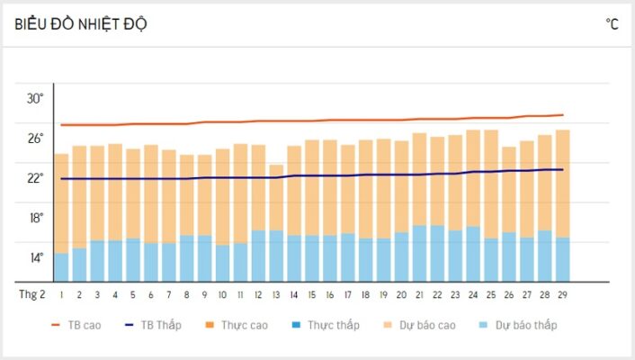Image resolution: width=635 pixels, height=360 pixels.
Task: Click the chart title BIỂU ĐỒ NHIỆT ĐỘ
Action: coord(82,24)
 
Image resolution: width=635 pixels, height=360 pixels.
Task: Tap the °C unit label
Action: coord(612,24)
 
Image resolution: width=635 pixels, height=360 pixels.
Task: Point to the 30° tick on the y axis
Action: coord(33,98)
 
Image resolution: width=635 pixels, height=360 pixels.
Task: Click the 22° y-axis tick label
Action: coord(33,177)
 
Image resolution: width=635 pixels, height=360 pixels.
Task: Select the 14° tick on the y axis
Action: coord(33,257)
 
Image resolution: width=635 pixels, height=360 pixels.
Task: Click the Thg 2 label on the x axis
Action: coord(32,294)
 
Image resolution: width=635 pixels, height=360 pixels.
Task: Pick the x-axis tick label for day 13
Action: coord(276,294)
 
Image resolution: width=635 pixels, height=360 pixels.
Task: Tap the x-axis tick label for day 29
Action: coord(563,294)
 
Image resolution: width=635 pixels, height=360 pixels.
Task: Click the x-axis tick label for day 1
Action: coord(61,294)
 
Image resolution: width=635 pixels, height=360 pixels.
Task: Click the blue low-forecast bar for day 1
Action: coord(61,267)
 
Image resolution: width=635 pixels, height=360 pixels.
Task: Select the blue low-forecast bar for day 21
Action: coord(419,253)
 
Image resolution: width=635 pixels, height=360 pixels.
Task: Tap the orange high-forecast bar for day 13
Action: coord(276,197)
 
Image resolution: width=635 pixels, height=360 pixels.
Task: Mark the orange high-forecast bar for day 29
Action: coord(563,184)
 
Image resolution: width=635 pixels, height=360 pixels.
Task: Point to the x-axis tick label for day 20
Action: coord(401,294)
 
